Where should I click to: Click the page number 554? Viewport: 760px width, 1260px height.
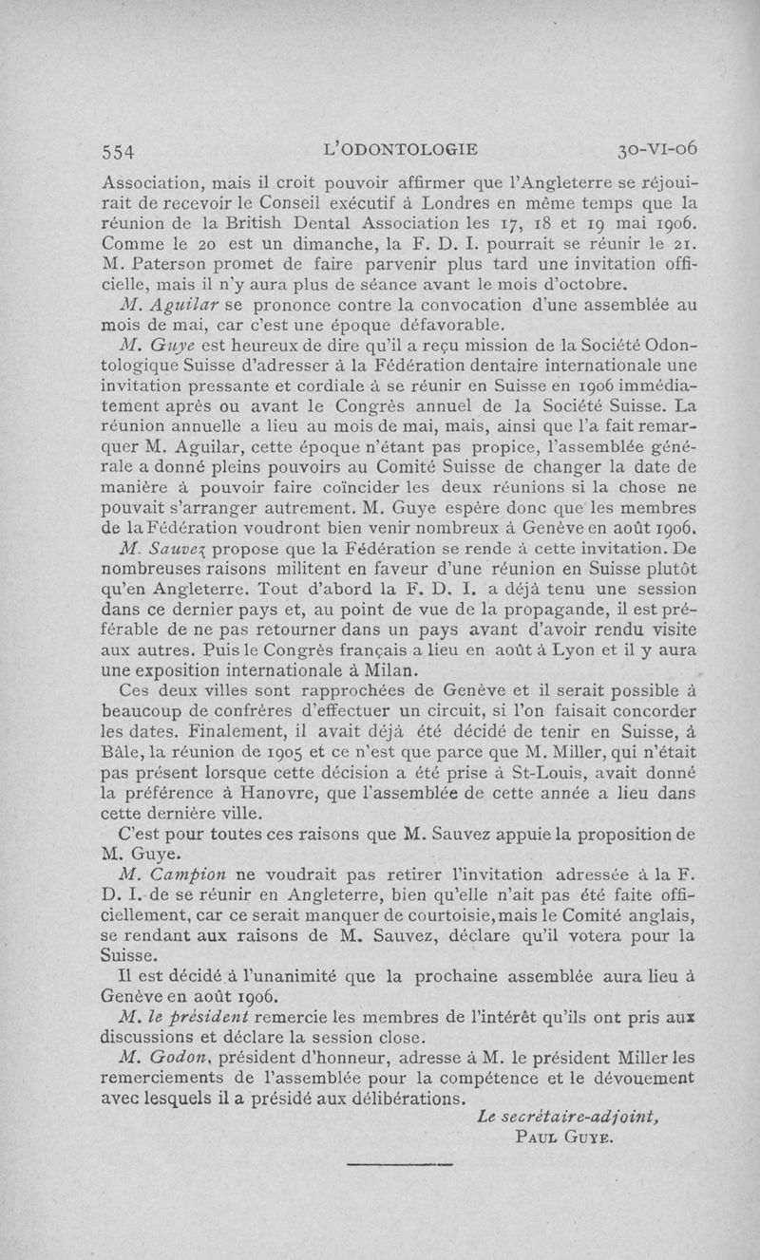(x=120, y=150)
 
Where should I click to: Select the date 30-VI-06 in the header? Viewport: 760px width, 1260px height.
(x=657, y=149)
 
